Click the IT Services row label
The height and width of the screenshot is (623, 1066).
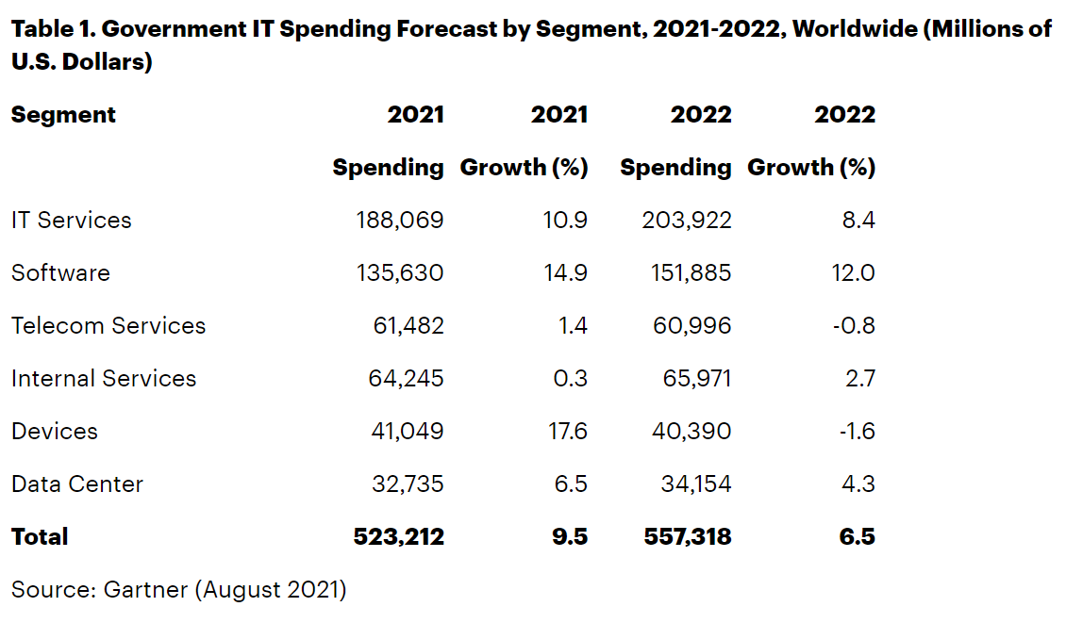click(x=72, y=221)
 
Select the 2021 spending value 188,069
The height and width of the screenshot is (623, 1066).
click(x=400, y=221)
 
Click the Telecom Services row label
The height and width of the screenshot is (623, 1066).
click(x=108, y=326)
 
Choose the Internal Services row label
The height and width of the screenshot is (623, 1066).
click(x=104, y=379)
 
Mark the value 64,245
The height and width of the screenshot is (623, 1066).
click(x=406, y=379)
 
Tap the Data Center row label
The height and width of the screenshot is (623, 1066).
click(x=77, y=484)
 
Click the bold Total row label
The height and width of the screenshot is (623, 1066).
click(x=40, y=537)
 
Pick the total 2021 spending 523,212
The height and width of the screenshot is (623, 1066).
click(x=399, y=537)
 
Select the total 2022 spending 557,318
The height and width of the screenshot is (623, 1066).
click(x=688, y=537)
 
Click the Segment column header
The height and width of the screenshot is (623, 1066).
click(x=63, y=115)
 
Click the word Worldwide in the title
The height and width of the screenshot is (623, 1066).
click(x=852, y=28)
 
